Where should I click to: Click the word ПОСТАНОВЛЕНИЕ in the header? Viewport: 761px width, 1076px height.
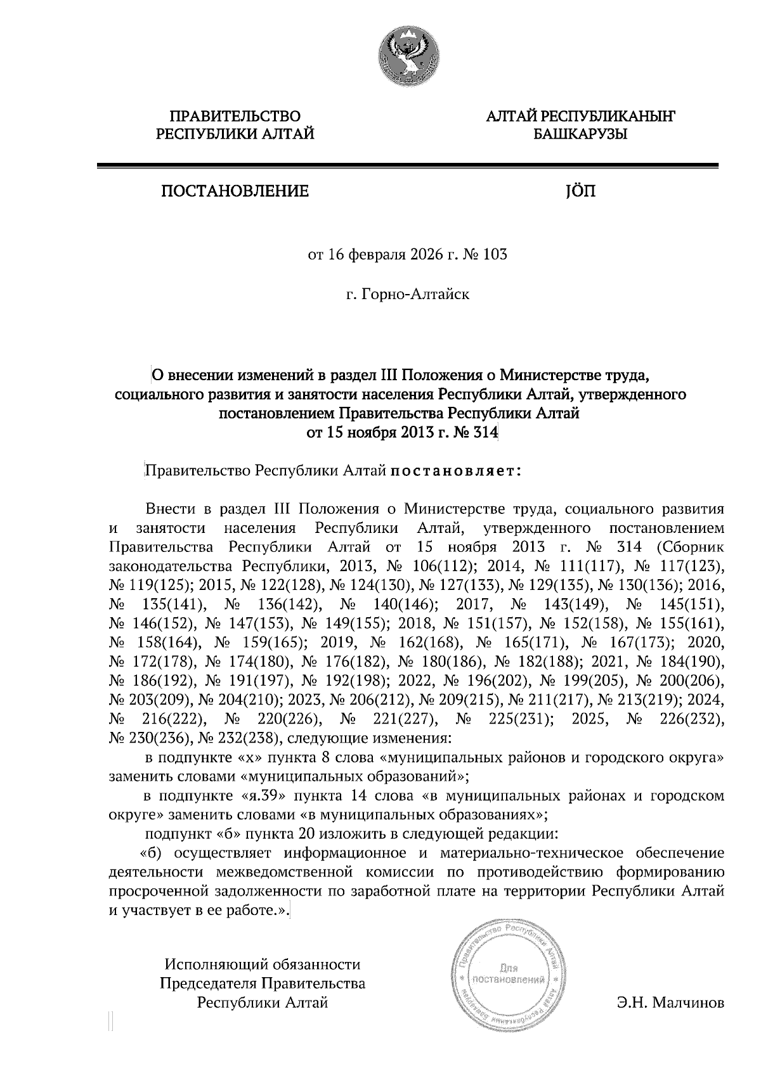(235, 191)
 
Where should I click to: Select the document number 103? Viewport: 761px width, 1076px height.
(495, 255)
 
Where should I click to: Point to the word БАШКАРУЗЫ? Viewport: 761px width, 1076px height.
(580, 134)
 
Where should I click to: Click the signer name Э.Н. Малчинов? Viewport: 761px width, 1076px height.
(670, 1003)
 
